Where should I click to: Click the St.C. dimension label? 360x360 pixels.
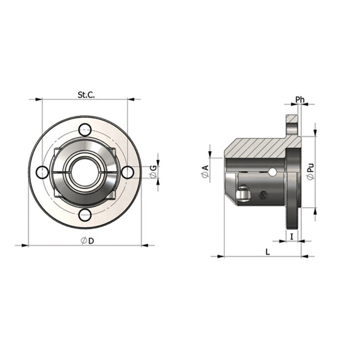click(x=86, y=95)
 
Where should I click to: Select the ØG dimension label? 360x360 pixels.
click(x=153, y=172)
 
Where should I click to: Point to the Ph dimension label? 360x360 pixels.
click(x=300, y=100)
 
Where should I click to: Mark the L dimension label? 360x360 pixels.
click(x=268, y=251)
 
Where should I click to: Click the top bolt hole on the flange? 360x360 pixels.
click(x=85, y=130)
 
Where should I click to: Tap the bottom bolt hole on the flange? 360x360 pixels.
click(x=85, y=215)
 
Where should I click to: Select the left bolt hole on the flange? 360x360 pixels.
click(x=43, y=172)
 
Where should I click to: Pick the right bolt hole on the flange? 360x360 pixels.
click(x=127, y=172)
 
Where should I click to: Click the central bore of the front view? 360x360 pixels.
click(x=84, y=172)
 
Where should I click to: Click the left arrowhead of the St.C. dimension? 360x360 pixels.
click(x=39, y=100)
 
